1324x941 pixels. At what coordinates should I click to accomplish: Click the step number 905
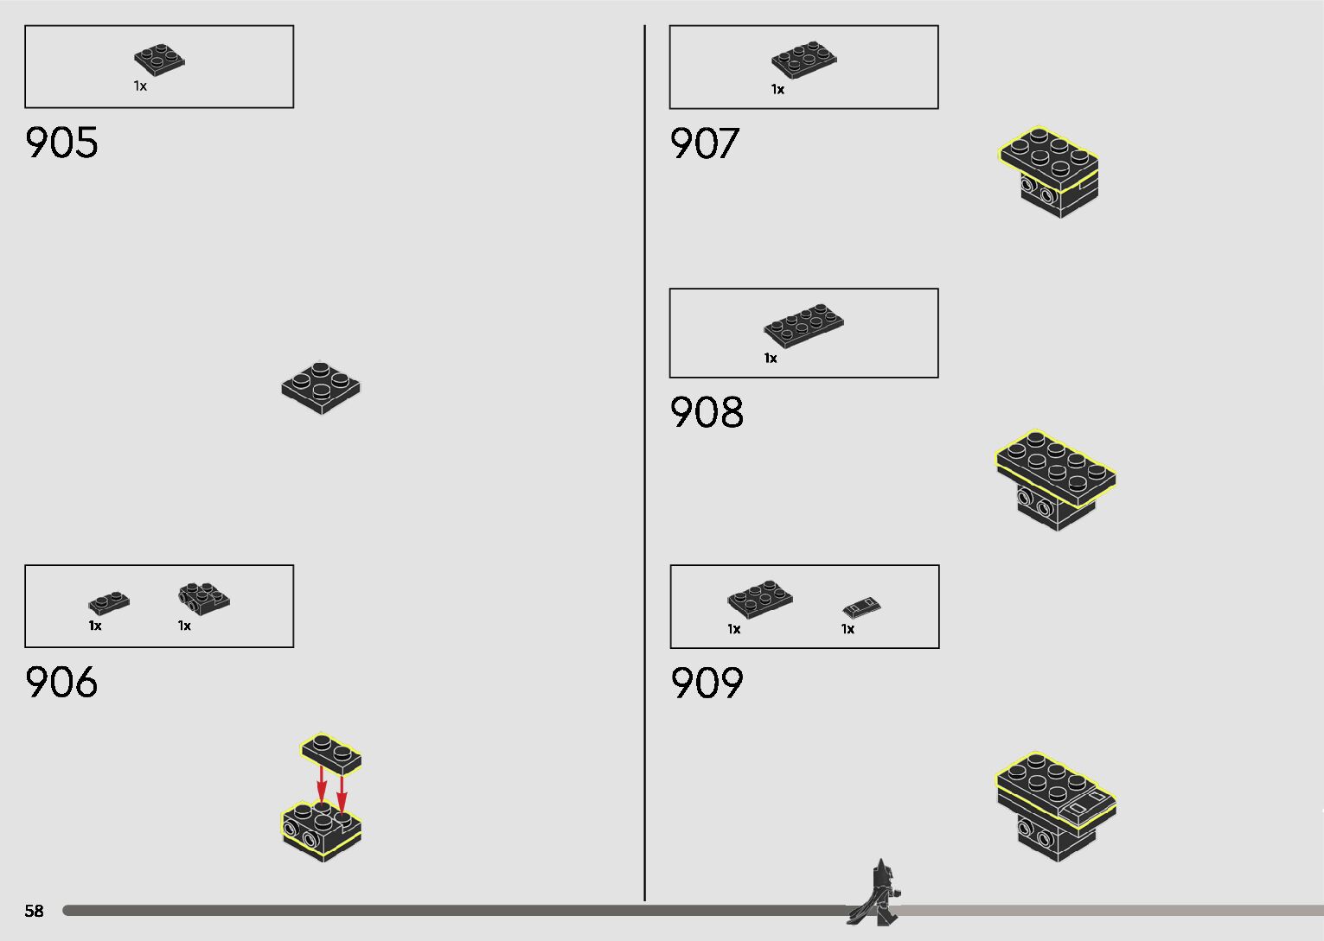[61, 143]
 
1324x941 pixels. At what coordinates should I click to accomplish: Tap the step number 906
[61, 682]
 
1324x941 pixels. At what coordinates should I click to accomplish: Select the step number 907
[705, 143]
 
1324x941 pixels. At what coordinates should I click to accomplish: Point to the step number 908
[707, 412]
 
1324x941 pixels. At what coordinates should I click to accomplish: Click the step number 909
[707, 683]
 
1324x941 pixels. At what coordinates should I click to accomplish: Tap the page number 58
[34, 911]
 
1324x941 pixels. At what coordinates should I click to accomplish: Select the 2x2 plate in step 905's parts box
[160, 60]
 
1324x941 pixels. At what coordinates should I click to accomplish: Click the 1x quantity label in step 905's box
[140, 86]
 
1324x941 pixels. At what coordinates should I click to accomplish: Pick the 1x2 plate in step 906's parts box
[109, 601]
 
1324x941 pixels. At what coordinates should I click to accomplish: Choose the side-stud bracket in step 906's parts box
[204, 597]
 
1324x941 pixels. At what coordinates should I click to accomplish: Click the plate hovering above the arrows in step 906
[331, 753]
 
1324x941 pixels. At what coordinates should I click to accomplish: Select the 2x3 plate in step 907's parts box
[803, 60]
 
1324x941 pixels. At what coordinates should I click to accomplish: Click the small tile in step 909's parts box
[861, 607]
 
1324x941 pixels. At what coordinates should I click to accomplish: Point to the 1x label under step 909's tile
[847, 629]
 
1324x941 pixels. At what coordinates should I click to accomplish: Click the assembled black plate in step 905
[321, 387]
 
